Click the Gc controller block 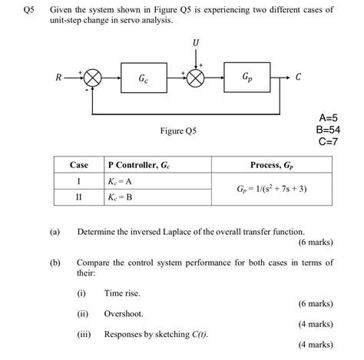click(144, 78)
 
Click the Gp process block click(247, 78)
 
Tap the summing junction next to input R click(93, 78)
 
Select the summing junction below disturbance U click(197, 78)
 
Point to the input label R click(58, 78)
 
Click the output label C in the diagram click(298, 78)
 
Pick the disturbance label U click(197, 41)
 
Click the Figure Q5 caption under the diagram click(178, 131)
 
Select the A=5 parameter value click(328, 118)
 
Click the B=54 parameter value click(328, 130)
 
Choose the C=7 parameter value click(328, 141)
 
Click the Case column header click(79, 165)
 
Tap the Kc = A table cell click(121, 181)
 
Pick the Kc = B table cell click(121, 197)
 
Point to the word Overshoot click(124, 313)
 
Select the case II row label click(78, 197)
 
